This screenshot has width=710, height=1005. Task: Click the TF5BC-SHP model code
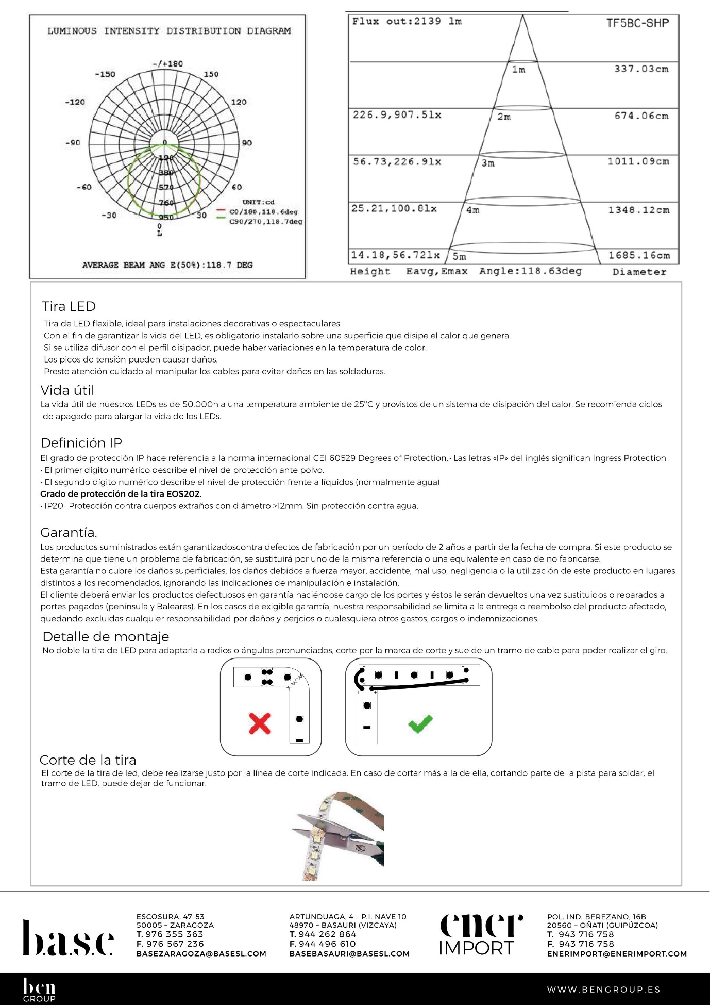[x=637, y=23]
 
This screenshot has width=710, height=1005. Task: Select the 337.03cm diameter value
[x=641, y=69]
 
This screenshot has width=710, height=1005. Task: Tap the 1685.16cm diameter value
[x=639, y=256]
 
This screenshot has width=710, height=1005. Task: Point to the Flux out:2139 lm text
[x=407, y=22]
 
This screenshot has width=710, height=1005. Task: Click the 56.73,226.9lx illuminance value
[x=397, y=162]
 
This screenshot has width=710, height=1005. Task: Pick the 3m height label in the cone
[x=488, y=163]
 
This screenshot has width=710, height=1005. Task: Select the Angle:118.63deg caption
[x=530, y=271]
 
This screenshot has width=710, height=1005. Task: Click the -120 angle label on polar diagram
[x=75, y=102]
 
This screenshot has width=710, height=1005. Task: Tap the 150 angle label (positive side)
[x=211, y=74]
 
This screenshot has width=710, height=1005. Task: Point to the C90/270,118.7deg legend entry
[x=265, y=222]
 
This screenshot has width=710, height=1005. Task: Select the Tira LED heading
[x=69, y=306]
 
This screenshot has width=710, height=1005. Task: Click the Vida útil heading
[x=67, y=390]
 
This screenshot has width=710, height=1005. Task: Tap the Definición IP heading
[x=81, y=443]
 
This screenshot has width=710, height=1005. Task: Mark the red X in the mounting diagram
[x=260, y=723]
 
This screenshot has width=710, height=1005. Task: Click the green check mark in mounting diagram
[x=420, y=723]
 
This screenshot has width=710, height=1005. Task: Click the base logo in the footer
[x=68, y=937]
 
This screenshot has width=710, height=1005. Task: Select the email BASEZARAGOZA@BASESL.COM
[x=201, y=954]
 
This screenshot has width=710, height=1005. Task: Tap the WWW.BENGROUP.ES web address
[x=603, y=990]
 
